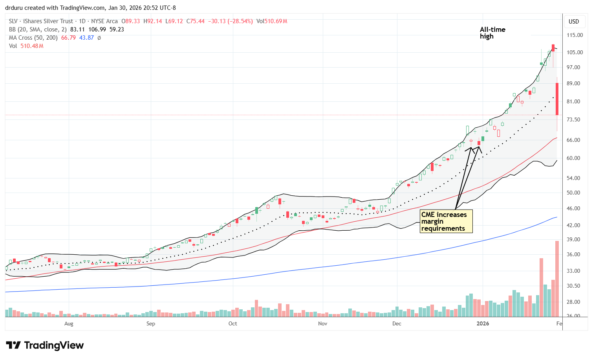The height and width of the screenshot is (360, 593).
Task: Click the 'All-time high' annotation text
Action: pyautogui.click(x=492, y=33)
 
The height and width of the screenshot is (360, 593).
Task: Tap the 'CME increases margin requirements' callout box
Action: pyautogui.click(x=446, y=221)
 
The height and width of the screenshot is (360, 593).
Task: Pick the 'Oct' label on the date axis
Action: pyautogui.click(x=232, y=323)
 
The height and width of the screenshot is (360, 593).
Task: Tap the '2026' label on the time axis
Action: pyautogui.click(x=483, y=323)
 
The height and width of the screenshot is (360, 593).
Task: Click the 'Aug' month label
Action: pyautogui.click(x=69, y=323)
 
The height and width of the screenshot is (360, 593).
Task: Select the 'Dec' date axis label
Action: pyautogui.click(x=397, y=323)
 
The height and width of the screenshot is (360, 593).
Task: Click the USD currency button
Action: pyautogui.click(x=574, y=22)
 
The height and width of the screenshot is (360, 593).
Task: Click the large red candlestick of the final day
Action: pyautogui.click(x=557, y=99)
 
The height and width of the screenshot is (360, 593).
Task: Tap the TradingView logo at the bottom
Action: pyautogui.click(x=45, y=345)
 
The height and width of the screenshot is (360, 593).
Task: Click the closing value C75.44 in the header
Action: pyautogui.click(x=196, y=21)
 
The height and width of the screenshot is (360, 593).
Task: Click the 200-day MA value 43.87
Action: pyautogui.click(x=87, y=38)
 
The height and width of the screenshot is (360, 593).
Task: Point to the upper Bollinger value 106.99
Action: pyautogui.click(x=98, y=29)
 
